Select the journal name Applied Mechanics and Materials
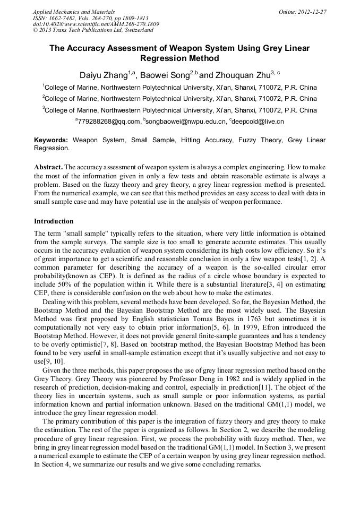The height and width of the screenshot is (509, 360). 74,12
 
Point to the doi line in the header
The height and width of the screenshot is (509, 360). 96,24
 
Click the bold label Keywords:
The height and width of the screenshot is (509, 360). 51,141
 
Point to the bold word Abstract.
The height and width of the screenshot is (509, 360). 48,167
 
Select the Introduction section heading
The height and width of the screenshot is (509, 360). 54,221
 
